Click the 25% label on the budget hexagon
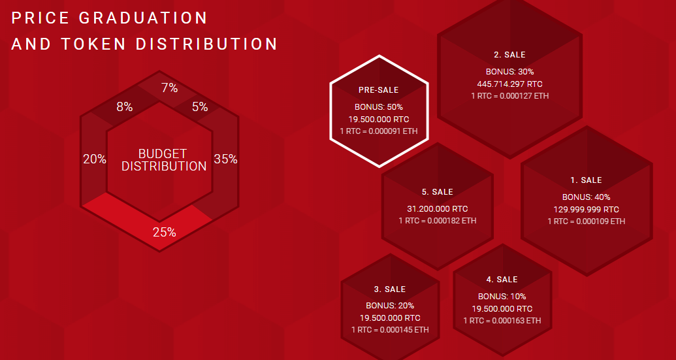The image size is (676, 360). [x=164, y=233]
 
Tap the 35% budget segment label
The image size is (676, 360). [x=226, y=159]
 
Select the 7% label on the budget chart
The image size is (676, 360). [x=169, y=88]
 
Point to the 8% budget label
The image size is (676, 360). [x=125, y=107]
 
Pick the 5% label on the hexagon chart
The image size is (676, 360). [x=200, y=107]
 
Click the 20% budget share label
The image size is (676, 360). [x=95, y=159]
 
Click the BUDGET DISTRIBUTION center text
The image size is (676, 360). [x=163, y=160]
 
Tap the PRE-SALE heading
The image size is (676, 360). [x=379, y=90]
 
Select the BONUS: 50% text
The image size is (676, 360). [x=379, y=107]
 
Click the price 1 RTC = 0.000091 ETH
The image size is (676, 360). [x=379, y=131]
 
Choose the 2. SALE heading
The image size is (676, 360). [x=510, y=55]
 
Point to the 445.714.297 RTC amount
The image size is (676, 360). [x=510, y=84]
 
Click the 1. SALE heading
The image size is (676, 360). [x=587, y=180]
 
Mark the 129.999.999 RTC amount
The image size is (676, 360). [x=587, y=210]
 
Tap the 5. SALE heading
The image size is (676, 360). [x=438, y=192]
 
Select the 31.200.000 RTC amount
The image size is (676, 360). [x=438, y=209]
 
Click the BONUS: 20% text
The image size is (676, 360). [x=390, y=306]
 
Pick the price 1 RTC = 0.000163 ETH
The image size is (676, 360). [x=502, y=321]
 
